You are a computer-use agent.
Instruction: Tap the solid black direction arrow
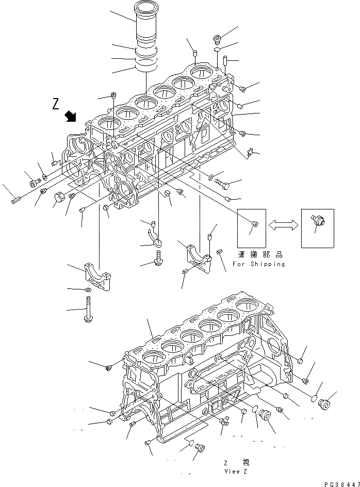coord(70,116)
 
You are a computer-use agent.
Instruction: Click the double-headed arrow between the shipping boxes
coord(283,223)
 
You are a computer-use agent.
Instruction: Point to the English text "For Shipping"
coord(258,264)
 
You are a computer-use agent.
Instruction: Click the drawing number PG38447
coord(341,484)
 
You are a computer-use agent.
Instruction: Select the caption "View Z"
coord(236,471)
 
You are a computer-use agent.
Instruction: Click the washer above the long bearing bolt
coord(88,291)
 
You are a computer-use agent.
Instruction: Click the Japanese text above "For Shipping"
coord(260,254)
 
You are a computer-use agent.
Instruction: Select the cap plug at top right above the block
coord(218,38)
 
